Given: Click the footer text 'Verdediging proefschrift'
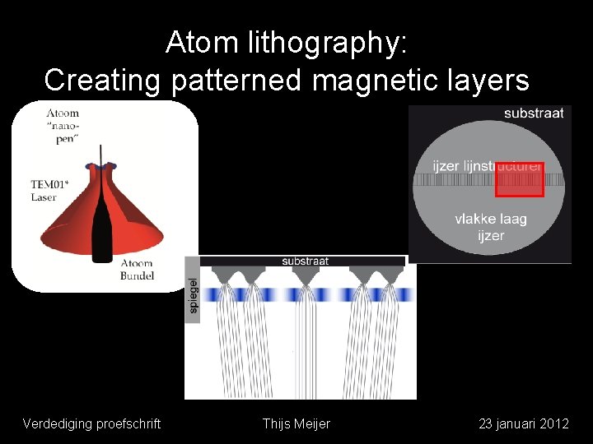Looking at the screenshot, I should pos(91,423).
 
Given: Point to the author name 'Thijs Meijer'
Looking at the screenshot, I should pos(296,423).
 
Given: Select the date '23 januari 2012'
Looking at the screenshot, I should pos(524,423).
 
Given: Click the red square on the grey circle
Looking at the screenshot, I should pos(519,179).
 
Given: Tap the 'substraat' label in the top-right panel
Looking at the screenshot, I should pos(534,113).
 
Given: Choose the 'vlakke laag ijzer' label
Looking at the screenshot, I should pos(491,228).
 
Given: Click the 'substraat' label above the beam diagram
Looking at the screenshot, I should pos(306,261).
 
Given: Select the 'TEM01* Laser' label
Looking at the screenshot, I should pos(44,191).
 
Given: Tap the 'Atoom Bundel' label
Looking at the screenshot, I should pos(136,269).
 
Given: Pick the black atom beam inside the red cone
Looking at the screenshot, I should pos(101,222).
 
